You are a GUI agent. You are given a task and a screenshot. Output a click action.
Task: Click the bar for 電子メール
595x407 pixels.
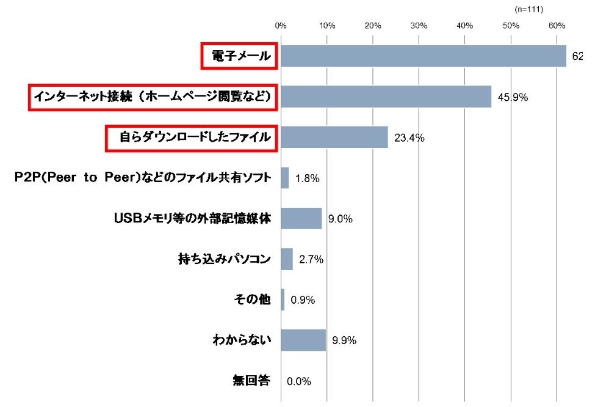coord(424,56)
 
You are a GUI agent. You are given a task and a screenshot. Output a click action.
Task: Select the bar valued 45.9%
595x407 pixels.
coord(386,97)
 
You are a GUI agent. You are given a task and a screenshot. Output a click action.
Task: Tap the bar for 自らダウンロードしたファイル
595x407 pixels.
coord(334,137)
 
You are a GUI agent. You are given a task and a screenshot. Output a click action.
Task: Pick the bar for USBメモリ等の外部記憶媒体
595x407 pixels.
coord(301,218)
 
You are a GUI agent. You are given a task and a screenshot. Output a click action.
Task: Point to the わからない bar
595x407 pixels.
coord(303,340)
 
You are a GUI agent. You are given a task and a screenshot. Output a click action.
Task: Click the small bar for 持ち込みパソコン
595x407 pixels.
coord(287,259)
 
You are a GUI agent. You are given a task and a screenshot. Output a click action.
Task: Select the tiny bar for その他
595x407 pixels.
coord(283,299)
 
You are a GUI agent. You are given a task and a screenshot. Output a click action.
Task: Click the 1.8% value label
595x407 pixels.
coord(307,178)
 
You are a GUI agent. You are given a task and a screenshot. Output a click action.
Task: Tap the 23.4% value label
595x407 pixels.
coord(409,138)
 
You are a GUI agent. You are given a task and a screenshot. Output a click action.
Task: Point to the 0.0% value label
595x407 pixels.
coord(299,381)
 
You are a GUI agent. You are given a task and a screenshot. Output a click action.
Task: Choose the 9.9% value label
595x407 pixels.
coord(344,340)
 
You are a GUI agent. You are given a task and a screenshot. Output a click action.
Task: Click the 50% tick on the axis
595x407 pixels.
coord(511,26)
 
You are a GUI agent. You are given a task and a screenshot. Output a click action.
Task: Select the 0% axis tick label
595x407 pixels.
coord(281,26)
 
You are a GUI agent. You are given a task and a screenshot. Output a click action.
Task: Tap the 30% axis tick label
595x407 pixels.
coord(419,26)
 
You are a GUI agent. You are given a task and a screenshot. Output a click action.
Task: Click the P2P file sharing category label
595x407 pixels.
coord(142,178)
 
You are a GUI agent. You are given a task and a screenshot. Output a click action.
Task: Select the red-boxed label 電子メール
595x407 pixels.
coord(239,56)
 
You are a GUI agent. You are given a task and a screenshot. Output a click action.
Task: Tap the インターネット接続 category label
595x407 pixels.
coord(153,97)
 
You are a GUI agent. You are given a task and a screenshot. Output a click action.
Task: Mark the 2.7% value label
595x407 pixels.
coord(311,260)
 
